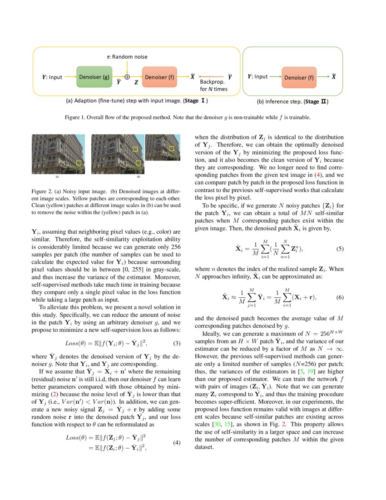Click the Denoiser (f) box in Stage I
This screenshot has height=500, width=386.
tap(159, 77)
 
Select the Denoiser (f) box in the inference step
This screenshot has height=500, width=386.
tap(298, 77)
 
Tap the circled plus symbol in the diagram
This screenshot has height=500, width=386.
tap(127, 77)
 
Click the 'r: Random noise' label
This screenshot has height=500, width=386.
tap(127, 57)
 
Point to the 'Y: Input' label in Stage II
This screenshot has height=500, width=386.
tap(257, 77)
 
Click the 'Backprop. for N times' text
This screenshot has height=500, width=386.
tap(213, 85)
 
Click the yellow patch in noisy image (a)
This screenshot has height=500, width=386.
tap(79, 162)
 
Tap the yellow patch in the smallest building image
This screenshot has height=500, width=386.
tap(171, 148)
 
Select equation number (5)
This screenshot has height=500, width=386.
tap(340, 249)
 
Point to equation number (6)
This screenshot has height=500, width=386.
tap(340, 297)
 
